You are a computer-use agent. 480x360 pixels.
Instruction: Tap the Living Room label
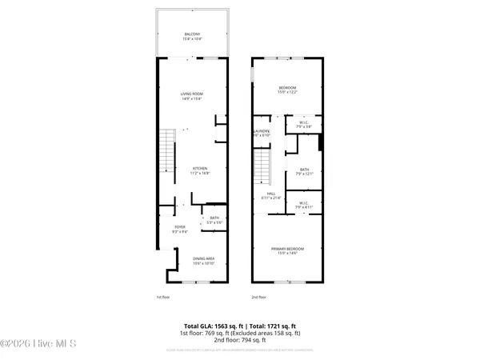pyautogui.click(x=192, y=96)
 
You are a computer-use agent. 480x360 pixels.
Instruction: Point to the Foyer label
pyautogui.click(x=180, y=230)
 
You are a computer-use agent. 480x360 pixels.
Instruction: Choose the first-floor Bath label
pyautogui.click(x=214, y=220)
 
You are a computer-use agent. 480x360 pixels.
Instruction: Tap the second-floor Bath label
pyautogui.click(x=304, y=171)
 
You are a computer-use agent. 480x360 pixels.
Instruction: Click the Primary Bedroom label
pyautogui.click(x=287, y=252)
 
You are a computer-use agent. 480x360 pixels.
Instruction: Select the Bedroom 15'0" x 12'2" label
pyautogui.click(x=287, y=90)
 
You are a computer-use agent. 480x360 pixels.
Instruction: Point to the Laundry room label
pyautogui.click(x=261, y=133)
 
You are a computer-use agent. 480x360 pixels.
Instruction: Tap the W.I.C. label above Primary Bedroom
pyautogui.click(x=304, y=205)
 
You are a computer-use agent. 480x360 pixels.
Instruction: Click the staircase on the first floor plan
pyautogui.click(x=166, y=157)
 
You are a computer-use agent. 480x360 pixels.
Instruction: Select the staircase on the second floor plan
pyautogui.click(x=262, y=168)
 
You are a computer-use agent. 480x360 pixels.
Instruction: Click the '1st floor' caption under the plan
pyautogui.click(x=163, y=297)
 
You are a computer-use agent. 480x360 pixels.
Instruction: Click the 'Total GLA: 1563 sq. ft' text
pyautogui.click(x=214, y=326)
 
